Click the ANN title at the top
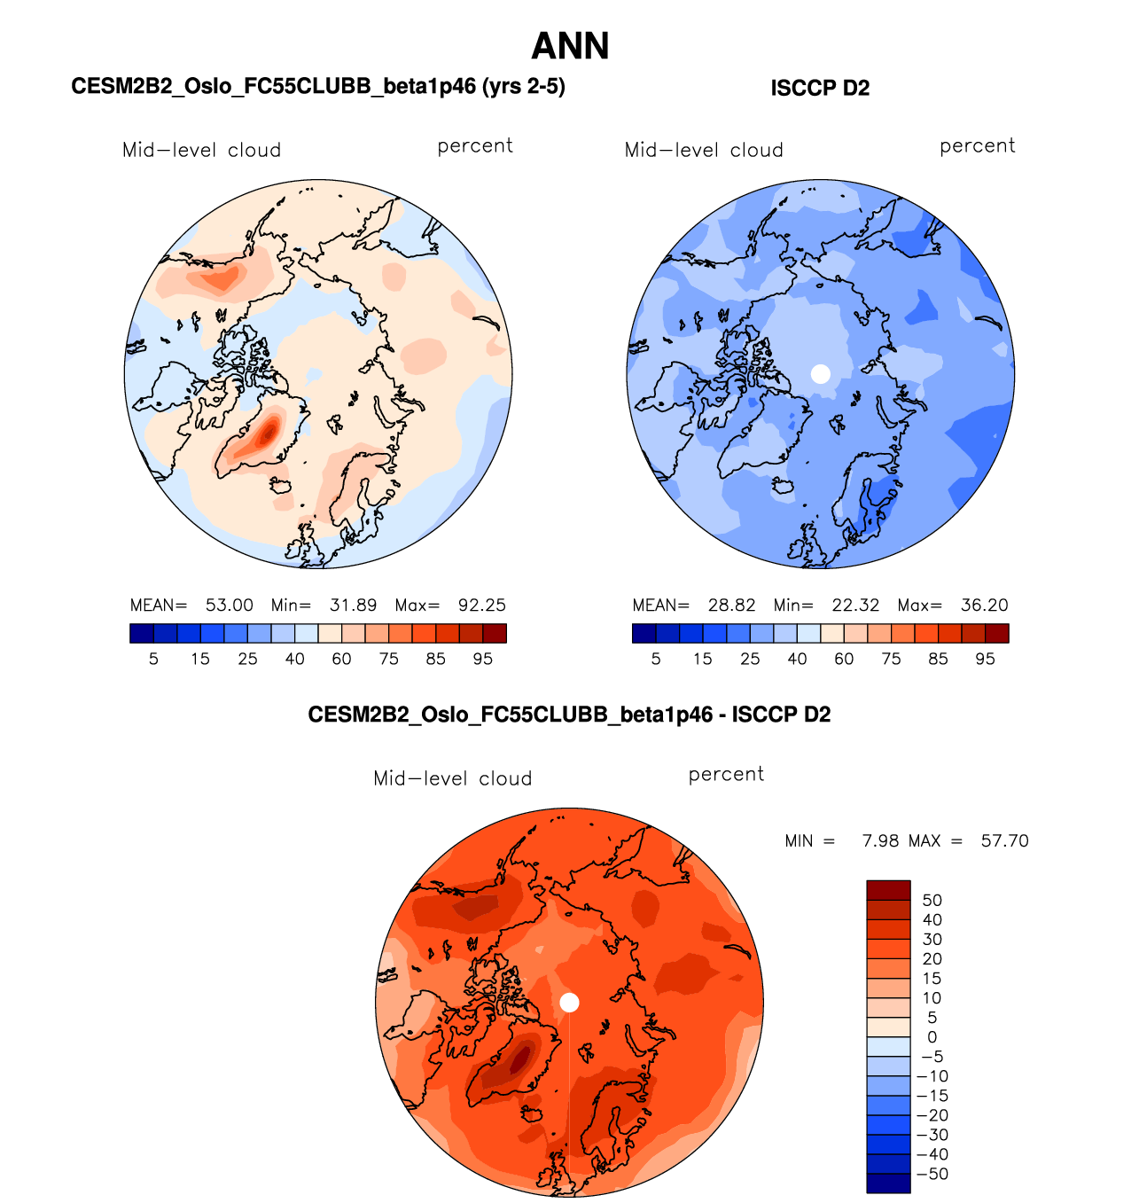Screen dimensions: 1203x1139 [x=570, y=46]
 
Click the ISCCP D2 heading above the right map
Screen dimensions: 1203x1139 [x=820, y=88]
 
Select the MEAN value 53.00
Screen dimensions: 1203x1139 [x=229, y=605]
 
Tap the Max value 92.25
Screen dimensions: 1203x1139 [x=481, y=605]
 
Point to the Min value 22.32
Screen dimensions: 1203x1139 [x=855, y=605]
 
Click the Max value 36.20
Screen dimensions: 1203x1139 [x=984, y=605]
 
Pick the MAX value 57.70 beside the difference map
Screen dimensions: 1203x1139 [x=1004, y=840]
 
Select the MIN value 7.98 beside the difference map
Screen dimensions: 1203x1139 [x=880, y=840]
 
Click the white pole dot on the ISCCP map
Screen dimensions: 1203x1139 [x=821, y=374]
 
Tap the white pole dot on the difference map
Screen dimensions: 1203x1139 [x=570, y=1003]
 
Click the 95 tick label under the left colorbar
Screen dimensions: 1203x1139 [x=482, y=659]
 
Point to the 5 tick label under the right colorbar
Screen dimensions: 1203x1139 [x=656, y=659]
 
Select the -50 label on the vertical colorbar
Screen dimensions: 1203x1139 [x=932, y=1174]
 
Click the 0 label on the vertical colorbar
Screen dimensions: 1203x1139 [x=932, y=1037]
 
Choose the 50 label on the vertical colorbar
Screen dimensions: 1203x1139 [x=932, y=901]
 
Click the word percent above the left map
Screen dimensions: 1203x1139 [x=475, y=146]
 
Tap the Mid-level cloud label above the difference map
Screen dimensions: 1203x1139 [x=452, y=778]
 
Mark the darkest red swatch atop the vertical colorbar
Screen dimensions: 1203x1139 [x=888, y=890]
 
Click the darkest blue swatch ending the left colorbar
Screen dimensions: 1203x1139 [x=141, y=633]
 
